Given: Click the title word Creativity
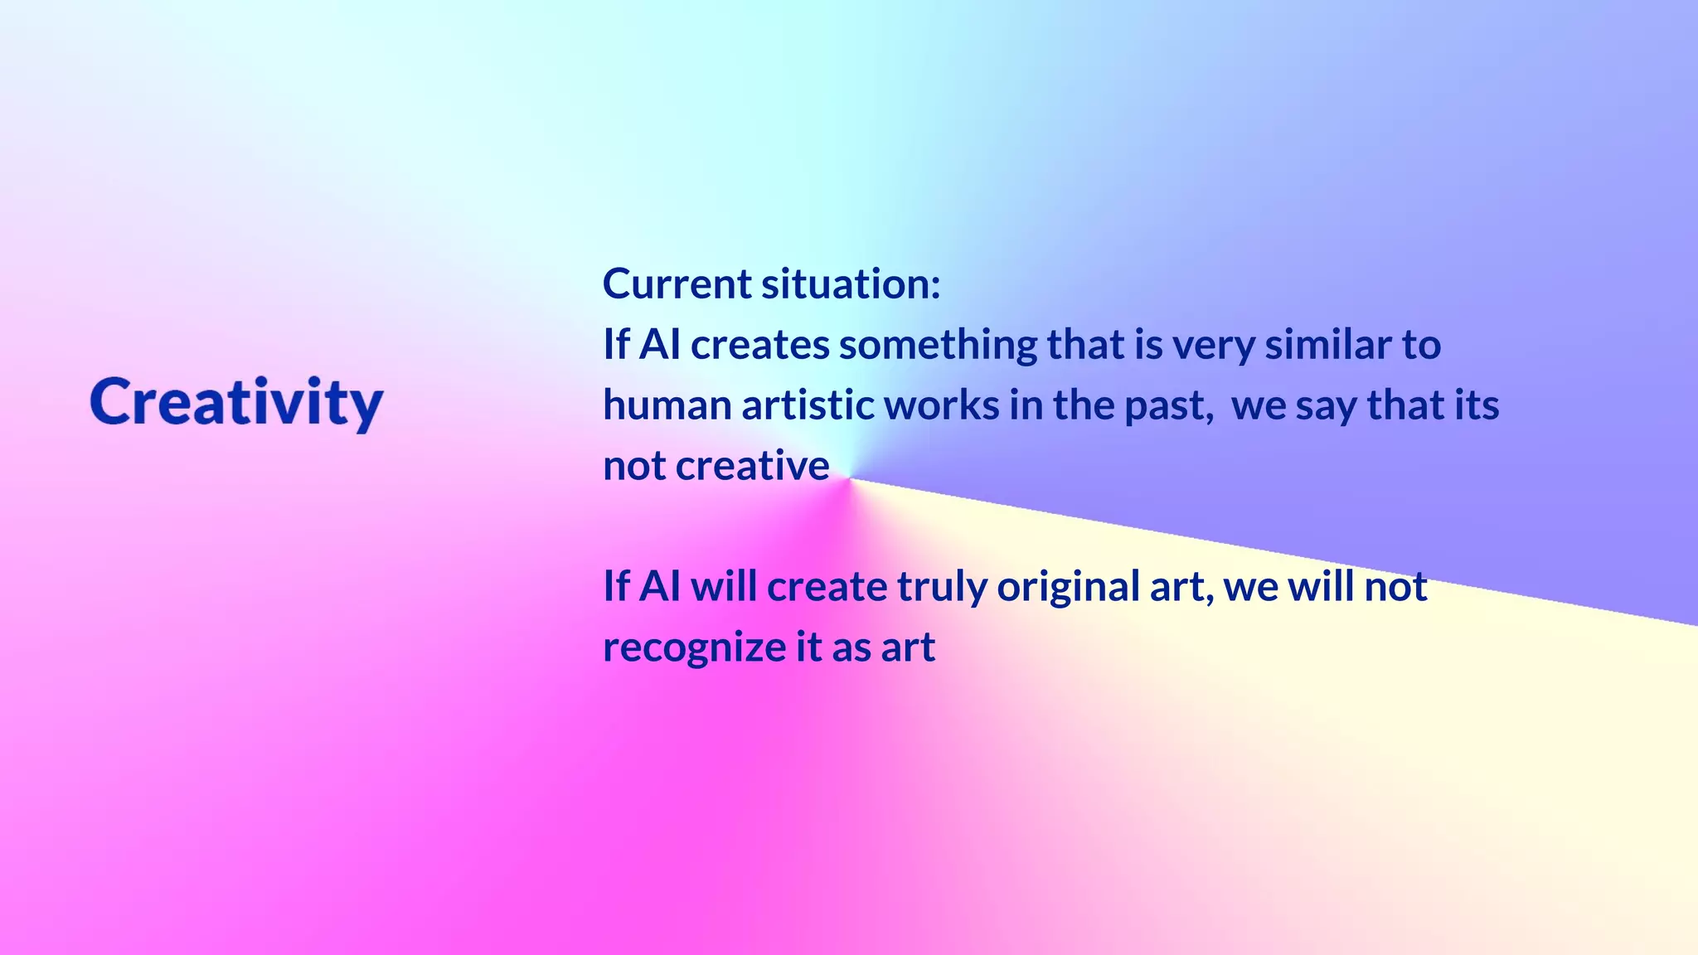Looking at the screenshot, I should (236, 403).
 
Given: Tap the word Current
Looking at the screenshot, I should (677, 284).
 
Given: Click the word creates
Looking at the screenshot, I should (759, 345).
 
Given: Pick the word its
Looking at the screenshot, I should (1477, 405).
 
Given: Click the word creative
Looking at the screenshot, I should (752, 466).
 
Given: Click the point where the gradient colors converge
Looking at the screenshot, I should (849, 478).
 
